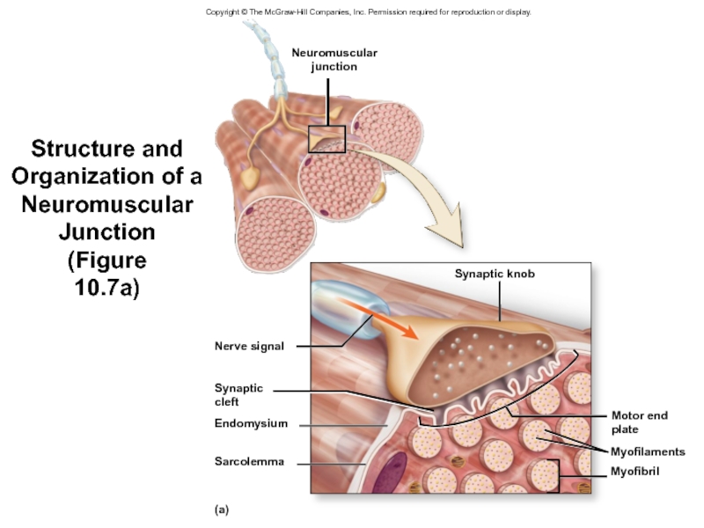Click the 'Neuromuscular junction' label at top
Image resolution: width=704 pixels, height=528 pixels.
click(334, 59)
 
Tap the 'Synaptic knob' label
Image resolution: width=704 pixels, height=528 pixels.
click(494, 274)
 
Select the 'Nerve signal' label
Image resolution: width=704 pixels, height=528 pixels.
click(249, 346)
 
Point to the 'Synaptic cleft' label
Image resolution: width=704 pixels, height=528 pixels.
click(238, 394)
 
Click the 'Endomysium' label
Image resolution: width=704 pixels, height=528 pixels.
click(251, 423)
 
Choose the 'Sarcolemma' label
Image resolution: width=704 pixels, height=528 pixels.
click(249, 461)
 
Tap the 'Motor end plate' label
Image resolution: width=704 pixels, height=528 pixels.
click(639, 422)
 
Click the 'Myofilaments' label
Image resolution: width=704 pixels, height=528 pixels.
click(647, 451)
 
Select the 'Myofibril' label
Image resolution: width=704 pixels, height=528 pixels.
click(634, 472)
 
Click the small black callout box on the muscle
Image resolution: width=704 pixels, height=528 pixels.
click(326, 138)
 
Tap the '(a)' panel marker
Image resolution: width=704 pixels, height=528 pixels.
click(221, 509)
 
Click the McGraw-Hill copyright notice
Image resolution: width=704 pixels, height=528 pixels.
click(369, 11)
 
